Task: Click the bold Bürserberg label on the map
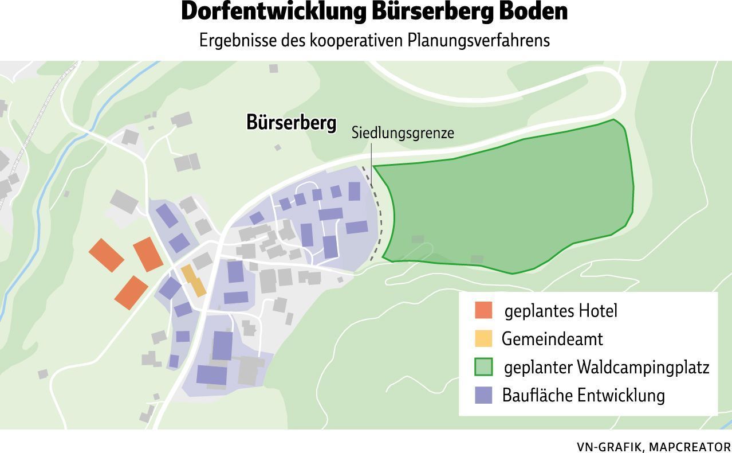click(291, 123)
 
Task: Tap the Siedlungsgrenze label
click(402, 133)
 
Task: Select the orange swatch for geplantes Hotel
click(483, 310)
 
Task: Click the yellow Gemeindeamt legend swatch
click(483, 338)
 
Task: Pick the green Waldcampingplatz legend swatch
click(483, 367)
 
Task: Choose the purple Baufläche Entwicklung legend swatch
click(483, 395)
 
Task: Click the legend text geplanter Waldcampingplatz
click(606, 367)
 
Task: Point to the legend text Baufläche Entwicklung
click(583, 395)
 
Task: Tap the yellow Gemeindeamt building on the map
click(194, 280)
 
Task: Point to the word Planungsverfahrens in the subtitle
click(478, 40)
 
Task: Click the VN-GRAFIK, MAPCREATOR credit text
click(654, 447)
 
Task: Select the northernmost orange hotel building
click(148, 254)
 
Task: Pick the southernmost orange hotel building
click(132, 292)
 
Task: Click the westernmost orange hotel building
click(107, 255)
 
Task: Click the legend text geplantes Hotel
click(560, 310)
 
